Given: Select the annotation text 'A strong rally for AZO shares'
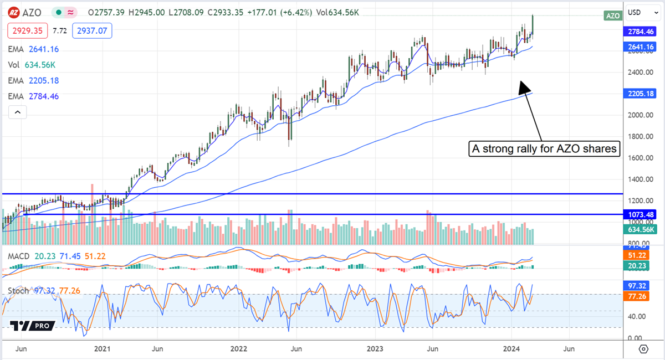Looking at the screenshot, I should click(544, 149).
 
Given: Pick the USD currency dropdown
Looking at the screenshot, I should click(637, 12).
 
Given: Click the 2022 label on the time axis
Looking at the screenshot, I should click(239, 349).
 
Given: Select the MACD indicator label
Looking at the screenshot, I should click(18, 256).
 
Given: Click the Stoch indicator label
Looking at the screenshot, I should click(18, 291).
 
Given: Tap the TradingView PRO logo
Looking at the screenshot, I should click(32, 326).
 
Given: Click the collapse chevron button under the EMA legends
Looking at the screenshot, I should click(18, 112).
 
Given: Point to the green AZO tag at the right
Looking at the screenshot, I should click(612, 16).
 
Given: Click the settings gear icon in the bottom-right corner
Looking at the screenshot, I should click(643, 349).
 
